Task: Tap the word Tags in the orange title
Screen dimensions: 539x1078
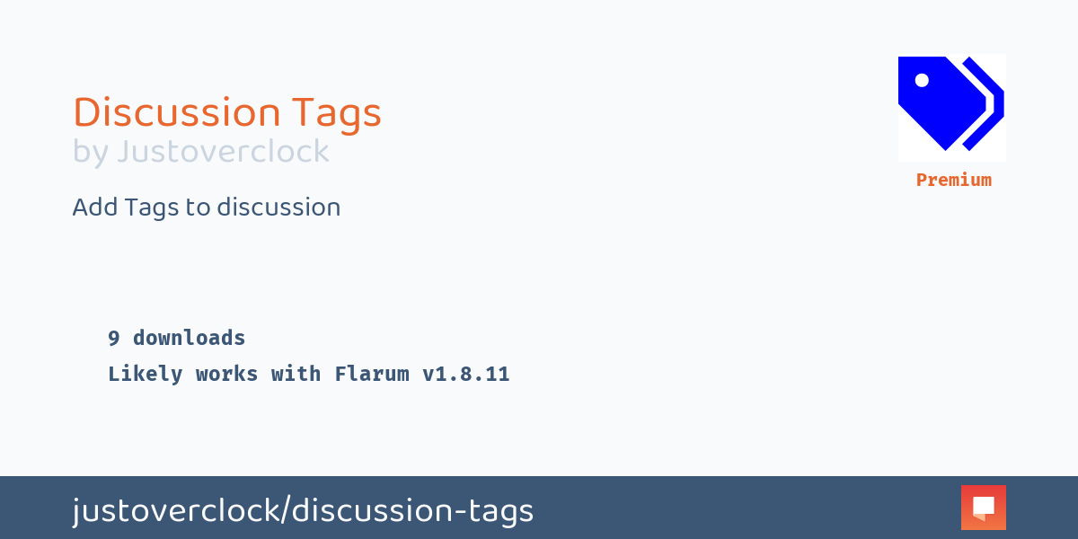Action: tap(337, 113)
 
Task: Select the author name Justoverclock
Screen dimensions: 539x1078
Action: tap(223, 152)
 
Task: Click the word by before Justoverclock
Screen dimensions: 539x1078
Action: tap(90, 152)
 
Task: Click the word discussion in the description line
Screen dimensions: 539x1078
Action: tap(278, 208)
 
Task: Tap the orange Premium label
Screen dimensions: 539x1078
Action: tap(953, 180)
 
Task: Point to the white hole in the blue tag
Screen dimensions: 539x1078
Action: tap(922, 80)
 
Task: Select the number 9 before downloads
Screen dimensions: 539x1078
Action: tap(114, 339)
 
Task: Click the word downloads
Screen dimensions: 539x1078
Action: tap(189, 339)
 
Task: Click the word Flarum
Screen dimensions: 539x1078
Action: tap(372, 375)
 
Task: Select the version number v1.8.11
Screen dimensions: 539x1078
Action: tap(466, 375)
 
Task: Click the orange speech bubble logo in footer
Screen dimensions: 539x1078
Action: tap(983, 508)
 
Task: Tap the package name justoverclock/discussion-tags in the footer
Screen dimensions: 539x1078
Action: tap(303, 511)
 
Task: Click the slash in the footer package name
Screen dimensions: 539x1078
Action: tap(286, 511)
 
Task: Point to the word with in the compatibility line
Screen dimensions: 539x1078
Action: tap(296, 375)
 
